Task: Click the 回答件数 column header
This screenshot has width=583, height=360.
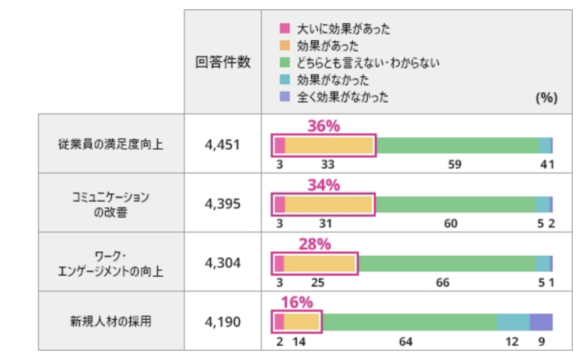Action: coord(223,62)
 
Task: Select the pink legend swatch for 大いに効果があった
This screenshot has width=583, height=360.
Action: coord(285,28)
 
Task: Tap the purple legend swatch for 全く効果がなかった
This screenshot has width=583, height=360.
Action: coord(285,97)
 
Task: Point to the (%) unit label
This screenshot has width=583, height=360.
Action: coord(545,97)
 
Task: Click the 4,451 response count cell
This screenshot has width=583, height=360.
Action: coord(223,145)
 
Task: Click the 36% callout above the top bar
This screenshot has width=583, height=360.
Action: coord(323,126)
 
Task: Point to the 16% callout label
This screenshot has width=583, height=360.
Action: coord(297,303)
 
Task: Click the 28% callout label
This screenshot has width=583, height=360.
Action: coord(314,244)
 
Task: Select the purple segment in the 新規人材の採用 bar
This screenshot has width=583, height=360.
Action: coord(541,322)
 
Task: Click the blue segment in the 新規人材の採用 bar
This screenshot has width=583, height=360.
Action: coord(513,322)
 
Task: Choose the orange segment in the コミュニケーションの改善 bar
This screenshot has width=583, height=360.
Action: coord(329,204)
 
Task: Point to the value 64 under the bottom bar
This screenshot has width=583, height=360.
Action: coord(405,342)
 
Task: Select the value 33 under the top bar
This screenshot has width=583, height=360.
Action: coord(327,165)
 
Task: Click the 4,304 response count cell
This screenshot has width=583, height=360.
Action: coord(223,263)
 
